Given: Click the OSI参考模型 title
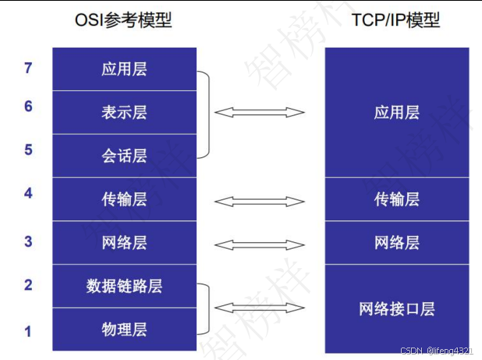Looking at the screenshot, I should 124,20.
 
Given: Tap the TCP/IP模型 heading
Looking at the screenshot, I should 397,20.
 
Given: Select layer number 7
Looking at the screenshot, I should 28,69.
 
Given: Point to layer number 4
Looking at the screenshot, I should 28,192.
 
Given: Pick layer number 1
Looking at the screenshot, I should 28,331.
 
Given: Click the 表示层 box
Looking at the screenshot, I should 124,112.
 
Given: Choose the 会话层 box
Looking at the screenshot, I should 124,156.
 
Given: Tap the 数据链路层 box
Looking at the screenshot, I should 124,286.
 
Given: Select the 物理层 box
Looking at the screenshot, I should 124,329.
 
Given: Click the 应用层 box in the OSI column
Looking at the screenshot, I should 124,69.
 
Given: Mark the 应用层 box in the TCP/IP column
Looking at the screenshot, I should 397,112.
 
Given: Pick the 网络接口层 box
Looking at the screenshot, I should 397,309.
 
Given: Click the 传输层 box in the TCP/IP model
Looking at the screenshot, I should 397,199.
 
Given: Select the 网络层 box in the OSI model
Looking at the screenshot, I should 124,242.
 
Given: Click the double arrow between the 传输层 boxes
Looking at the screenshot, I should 260,201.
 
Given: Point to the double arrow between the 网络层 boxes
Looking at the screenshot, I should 260,245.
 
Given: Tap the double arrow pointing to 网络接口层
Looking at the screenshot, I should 260,308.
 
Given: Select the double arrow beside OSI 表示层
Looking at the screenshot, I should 260,113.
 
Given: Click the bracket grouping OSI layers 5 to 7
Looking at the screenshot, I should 207,114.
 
